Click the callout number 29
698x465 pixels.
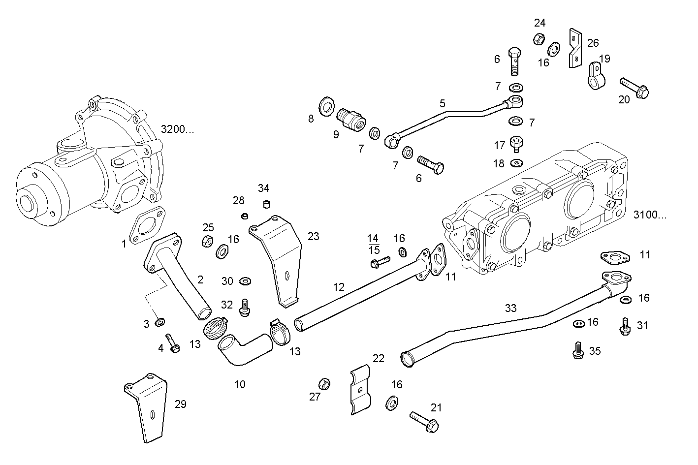point(180,404)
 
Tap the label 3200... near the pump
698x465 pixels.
point(177,129)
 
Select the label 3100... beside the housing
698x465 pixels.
point(650,215)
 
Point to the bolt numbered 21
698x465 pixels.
point(424,422)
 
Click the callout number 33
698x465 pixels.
point(510,308)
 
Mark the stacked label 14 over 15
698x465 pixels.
point(374,244)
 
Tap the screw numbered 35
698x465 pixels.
point(578,350)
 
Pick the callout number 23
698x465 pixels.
point(313,237)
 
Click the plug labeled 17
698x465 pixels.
point(516,145)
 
